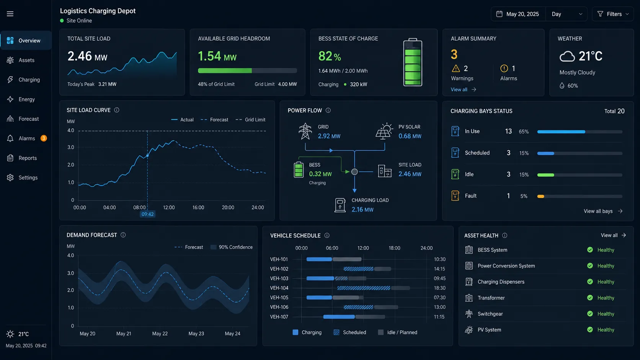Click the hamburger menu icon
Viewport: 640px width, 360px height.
(x=10, y=14)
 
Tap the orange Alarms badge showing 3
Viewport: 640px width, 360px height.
(x=43, y=138)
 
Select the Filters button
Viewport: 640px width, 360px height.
(x=613, y=14)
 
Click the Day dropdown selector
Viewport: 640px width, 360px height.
(x=567, y=14)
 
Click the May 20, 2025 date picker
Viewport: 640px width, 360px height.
(x=518, y=14)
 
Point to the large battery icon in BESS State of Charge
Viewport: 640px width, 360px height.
(x=413, y=62)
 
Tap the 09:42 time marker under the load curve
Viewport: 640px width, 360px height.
(x=147, y=214)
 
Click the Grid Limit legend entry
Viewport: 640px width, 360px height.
(x=251, y=120)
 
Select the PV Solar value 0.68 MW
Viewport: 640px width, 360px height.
(x=410, y=136)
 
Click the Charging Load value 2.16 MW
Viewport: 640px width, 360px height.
(x=362, y=210)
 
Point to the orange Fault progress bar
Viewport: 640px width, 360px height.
(x=540, y=196)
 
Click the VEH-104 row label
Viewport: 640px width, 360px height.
(x=279, y=288)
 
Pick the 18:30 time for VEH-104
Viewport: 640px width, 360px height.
(x=439, y=288)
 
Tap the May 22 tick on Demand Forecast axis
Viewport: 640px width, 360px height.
(x=160, y=334)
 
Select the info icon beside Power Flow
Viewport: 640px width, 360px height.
(x=328, y=111)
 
